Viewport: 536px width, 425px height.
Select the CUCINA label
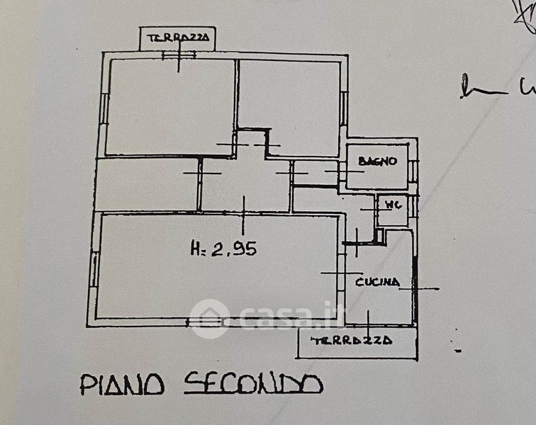[377, 282]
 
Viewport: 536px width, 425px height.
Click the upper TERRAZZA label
[177, 38]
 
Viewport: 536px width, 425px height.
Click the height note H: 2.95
[223, 249]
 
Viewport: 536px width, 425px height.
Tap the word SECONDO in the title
[253, 383]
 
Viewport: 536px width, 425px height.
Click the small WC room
[392, 210]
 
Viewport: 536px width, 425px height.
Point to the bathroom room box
[377, 167]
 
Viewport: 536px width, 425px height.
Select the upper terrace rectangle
[177, 39]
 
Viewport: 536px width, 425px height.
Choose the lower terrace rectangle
[357, 343]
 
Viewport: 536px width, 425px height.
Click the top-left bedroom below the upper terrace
[170, 106]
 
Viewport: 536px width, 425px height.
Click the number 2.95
[233, 249]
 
